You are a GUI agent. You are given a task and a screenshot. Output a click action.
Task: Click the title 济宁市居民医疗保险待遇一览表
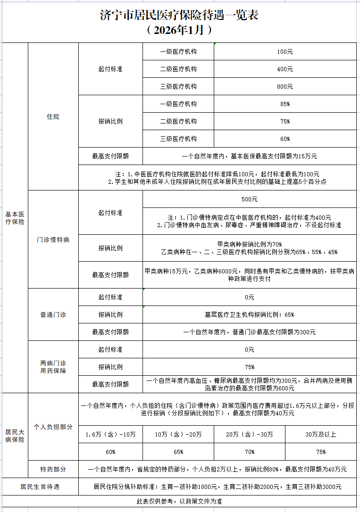(x=180, y=15)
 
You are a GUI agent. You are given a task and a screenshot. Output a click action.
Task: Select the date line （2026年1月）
(x=180, y=31)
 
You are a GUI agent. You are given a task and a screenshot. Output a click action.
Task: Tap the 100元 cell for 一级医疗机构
(x=285, y=51)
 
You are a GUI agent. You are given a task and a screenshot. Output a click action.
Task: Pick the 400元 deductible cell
(x=285, y=69)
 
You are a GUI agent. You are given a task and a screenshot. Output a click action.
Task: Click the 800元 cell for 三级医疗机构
(x=285, y=86)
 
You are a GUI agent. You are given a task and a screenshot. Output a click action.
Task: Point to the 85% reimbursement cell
(x=285, y=104)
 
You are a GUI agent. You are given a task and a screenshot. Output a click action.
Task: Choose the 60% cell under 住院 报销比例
(x=285, y=139)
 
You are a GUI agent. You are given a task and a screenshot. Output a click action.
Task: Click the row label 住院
(x=53, y=116)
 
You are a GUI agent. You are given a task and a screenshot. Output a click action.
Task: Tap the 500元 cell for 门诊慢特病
(x=249, y=199)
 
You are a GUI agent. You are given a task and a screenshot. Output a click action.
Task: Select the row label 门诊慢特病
(x=53, y=239)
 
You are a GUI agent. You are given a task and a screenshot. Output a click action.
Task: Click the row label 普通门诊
(x=53, y=314)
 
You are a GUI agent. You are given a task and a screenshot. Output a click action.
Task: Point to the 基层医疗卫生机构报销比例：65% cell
(x=249, y=314)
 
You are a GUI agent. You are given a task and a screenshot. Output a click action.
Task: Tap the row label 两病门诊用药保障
(x=53, y=367)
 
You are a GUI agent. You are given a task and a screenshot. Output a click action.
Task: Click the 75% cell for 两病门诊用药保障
(x=249, y=367)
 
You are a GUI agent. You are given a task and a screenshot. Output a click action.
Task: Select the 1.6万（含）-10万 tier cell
(x=110, y=434)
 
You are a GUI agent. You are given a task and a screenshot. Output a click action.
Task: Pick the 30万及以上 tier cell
(x=321, y=434)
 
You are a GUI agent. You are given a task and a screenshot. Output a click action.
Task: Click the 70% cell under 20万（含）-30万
(x=250, y=452)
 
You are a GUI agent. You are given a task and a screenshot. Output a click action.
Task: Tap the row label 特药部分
(x=53, y=469)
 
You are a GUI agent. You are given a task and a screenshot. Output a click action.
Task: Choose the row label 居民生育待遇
(x=40, y=487)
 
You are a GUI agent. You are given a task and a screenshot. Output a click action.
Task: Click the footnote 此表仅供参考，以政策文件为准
(x=179, y=501)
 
